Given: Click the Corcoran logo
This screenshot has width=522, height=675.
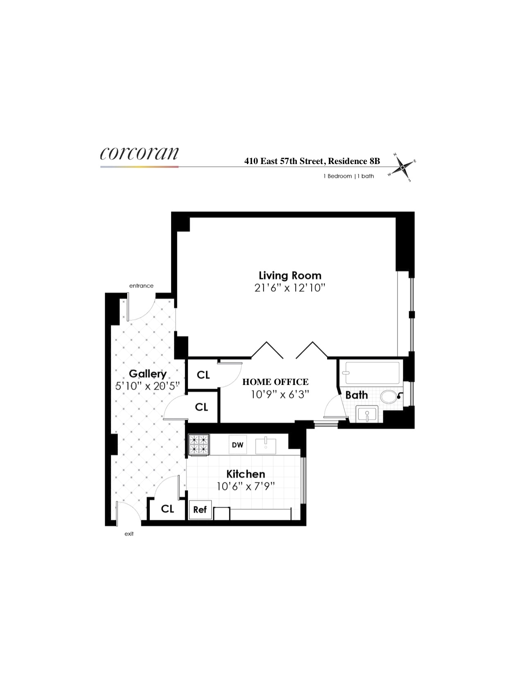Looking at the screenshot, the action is pos(139,153).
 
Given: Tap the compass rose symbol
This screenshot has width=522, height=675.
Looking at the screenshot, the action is pos(402,167).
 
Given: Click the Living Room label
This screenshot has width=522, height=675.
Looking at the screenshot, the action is pos(290,275).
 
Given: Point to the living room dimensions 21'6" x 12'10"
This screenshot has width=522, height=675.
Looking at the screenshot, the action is pos(290,288).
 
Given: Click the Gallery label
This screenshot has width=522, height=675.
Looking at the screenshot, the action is pos(147,373).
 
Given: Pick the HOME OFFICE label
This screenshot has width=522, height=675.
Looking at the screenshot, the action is pos(275,382).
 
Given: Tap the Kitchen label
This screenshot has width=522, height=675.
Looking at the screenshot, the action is pos(246,474).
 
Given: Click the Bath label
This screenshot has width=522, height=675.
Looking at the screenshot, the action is pos(356,395).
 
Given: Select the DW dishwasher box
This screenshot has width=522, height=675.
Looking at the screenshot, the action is pos(237,445).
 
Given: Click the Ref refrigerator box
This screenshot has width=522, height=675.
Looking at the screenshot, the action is pos(200,510).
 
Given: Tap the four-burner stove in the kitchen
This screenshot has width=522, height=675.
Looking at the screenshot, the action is pos(199,444).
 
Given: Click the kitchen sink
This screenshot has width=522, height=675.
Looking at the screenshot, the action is pos(266,445).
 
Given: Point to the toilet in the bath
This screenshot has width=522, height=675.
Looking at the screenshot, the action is pos(389,396).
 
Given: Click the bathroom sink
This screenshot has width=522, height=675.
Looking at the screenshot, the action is pos(367,414).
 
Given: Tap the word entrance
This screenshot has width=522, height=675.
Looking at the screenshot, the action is pos(141,286).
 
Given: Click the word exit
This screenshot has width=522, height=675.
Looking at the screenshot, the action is pos(129,534).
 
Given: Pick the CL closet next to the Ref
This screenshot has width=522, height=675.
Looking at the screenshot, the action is pos(167,509).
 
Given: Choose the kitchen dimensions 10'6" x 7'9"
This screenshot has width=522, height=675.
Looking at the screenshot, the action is pos(246,486).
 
